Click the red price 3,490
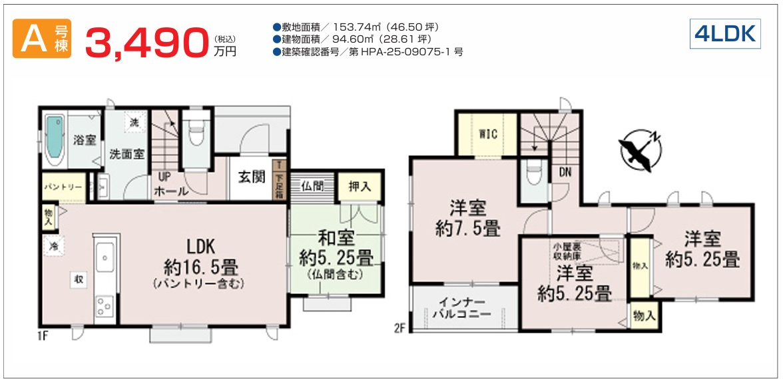[146, 43]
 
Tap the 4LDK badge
[724, 33]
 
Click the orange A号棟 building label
[42, 39]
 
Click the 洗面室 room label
[127, 154]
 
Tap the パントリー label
[63, 187]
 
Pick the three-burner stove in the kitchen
[105, 306]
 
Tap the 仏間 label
[313, 187]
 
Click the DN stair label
[565, 173]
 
